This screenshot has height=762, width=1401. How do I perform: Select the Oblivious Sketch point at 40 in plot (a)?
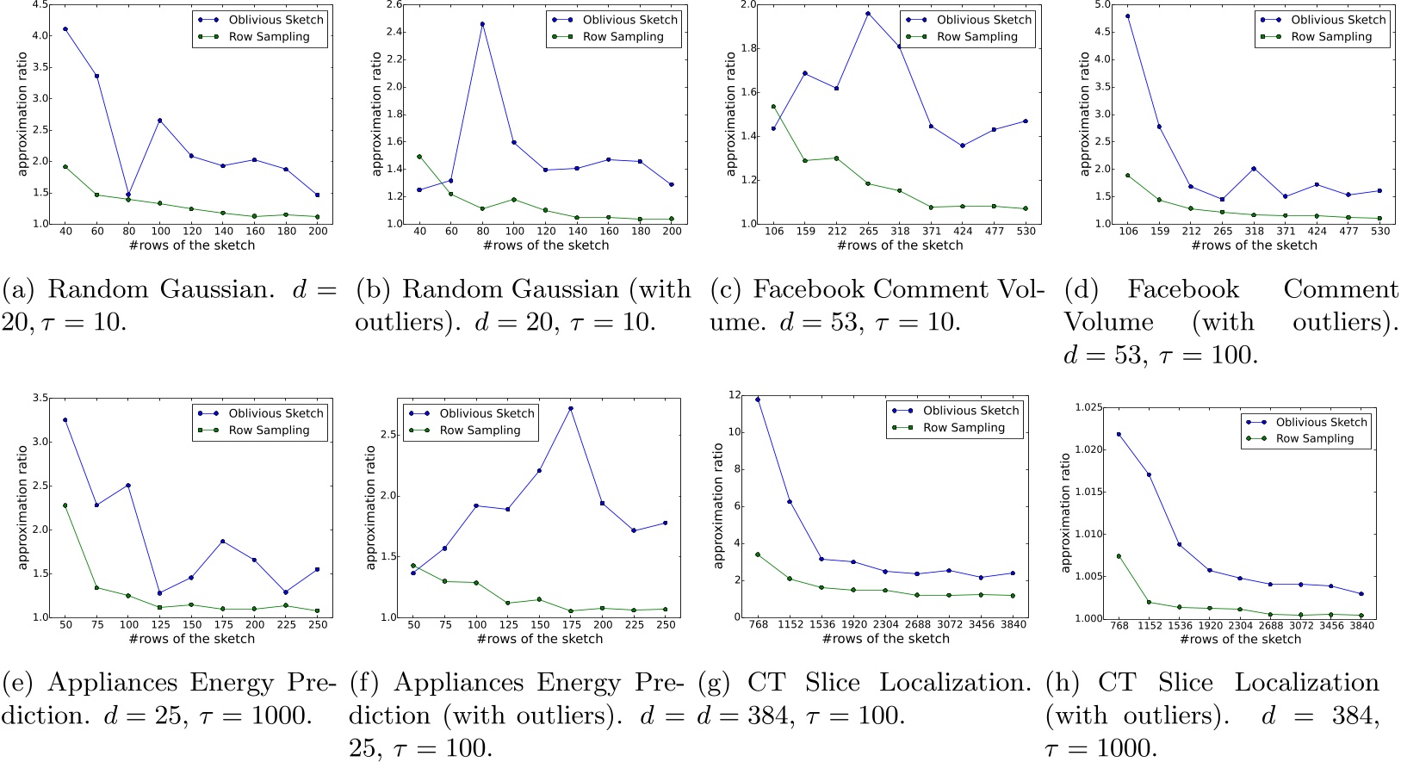tap(65, 29)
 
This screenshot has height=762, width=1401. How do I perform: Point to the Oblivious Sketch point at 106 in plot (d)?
tap(1127, 16)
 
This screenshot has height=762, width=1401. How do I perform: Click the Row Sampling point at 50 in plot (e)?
tap(65, 505)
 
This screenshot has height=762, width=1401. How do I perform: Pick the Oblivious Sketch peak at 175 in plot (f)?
tap(571, 408)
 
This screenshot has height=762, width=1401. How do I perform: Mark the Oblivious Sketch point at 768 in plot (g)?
tap(758, 400)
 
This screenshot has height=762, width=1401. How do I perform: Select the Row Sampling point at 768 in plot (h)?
tap(1119, 556)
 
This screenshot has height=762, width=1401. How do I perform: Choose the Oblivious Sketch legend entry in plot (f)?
tap(487, 413)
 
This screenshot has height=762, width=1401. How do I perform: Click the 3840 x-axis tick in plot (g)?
tap(1013, 624)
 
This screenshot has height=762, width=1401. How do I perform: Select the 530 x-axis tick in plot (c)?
tap(1026, 231)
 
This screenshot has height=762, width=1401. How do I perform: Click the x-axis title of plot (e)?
tap(192, 639)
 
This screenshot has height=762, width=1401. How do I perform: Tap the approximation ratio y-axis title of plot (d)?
tap(1084, 114)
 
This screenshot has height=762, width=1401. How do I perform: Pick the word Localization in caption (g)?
tap(955, 683)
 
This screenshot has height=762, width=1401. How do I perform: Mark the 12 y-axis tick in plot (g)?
tap(735, 395)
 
